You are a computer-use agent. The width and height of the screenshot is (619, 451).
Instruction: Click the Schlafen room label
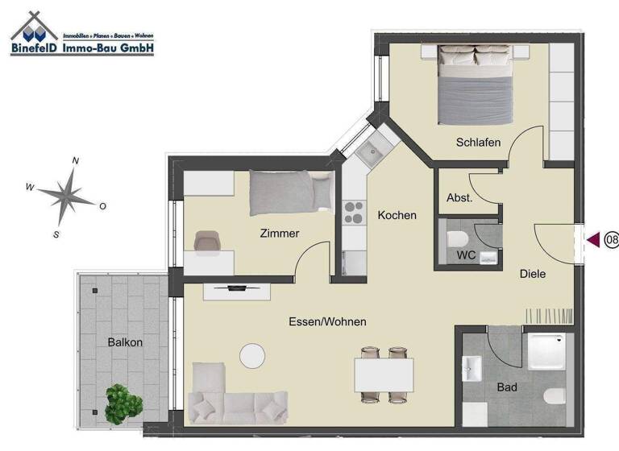(x=478, y=143)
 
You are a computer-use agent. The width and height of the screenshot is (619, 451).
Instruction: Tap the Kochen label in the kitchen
(x=397, y=215)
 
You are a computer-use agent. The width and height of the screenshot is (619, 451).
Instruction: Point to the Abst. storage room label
(x=459, y=197)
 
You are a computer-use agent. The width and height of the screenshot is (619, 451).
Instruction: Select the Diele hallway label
(x=532, y=274)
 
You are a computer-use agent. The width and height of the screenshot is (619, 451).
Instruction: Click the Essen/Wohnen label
(x=327, y=321)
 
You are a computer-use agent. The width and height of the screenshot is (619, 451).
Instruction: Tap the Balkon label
(x=125, y=342)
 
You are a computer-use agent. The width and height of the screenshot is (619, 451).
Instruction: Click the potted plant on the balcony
(x=123, y=402)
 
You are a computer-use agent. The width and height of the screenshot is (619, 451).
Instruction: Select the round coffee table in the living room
(x=252, y=356)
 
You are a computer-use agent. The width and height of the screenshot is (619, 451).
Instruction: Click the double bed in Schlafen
(x=476, y=85)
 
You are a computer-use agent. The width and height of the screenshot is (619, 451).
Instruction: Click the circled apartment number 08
(x=611, y=239)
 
